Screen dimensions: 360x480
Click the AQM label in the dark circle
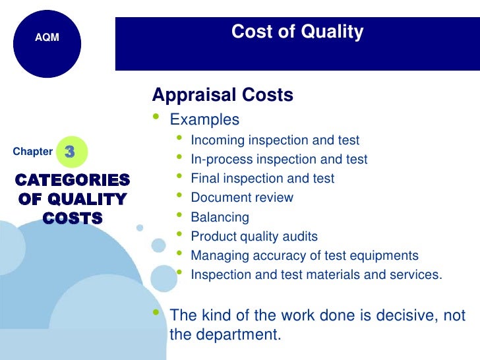47,38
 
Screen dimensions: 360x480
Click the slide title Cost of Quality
297,32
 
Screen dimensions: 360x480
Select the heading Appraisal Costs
223,95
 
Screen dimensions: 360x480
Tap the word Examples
204,120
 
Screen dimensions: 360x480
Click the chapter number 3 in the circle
70,152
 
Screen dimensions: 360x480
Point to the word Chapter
32,152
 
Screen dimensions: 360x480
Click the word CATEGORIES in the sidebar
73,180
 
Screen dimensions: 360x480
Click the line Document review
242,197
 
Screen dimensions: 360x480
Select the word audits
301,236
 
